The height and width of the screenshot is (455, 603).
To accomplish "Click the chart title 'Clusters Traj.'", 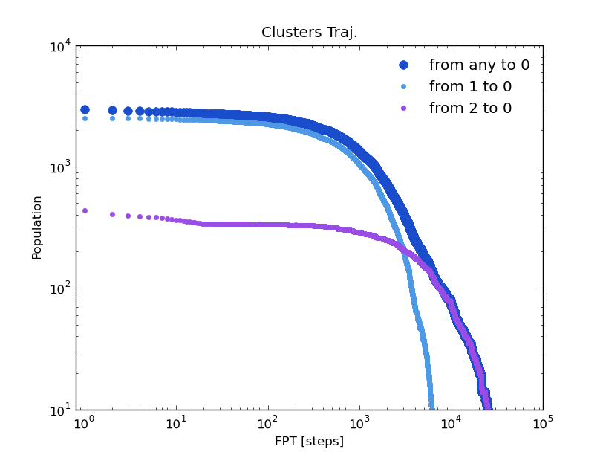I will tap(309, 33).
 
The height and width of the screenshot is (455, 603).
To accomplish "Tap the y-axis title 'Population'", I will tap(37, 227).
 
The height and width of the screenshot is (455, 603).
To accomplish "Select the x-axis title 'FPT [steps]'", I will tap(309, 441).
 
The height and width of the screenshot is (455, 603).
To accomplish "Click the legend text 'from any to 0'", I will tap(479, 65).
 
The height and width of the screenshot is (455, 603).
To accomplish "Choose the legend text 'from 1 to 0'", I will tap(470, 87).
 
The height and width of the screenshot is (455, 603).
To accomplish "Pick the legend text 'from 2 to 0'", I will tap(470, 109).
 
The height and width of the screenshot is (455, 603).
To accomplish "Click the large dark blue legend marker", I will tap(403, 65).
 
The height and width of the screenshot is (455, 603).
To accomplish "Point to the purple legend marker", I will tap(403, 109).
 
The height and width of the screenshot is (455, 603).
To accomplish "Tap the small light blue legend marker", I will tap(403, 87).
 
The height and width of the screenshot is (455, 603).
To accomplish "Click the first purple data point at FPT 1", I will tap(85, 210).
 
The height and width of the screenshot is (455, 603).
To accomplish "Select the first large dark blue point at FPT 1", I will tap(85, 109).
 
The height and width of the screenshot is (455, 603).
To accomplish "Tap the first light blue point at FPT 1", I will tap(85, 118).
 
